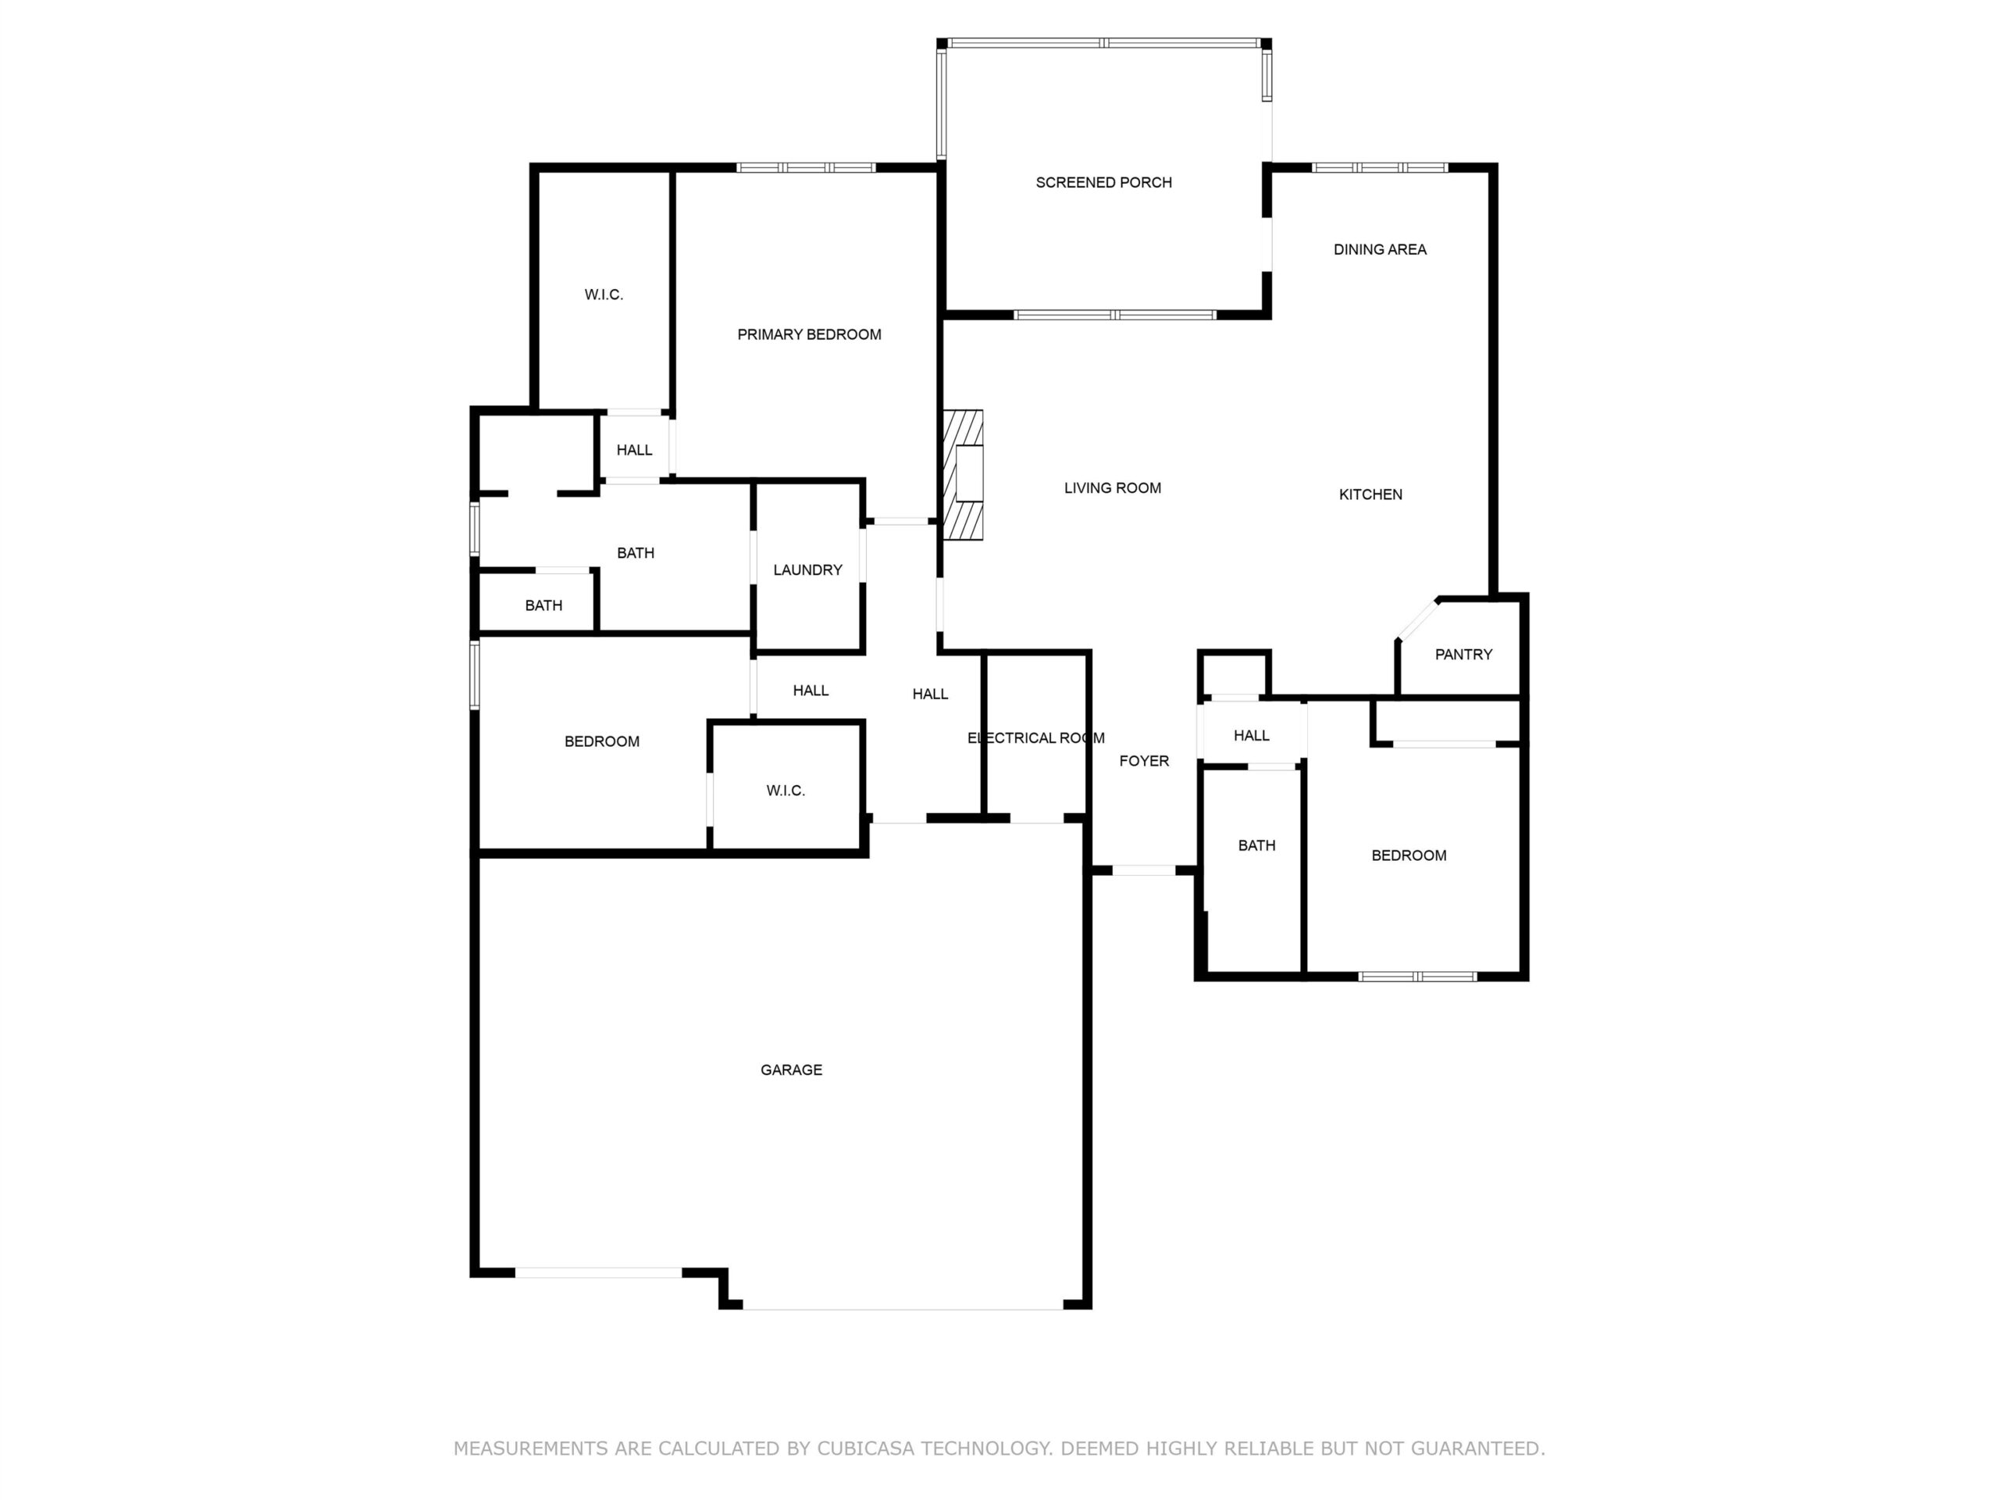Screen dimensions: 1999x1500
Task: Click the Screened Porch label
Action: pyautogui.click(x=1103, y=183)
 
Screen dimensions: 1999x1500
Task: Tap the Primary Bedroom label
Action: pyautogui.click(x=809, y=334)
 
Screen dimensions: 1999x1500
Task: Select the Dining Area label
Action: pyautogui.click(x=1380, y=249)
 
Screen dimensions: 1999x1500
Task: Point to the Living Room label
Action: pyautogui.click(x=1113, y=488)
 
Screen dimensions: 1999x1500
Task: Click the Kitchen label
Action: pyautogui.click(x=1370, y=495)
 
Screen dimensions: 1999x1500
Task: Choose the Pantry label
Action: pyautogui.click(x=1463, y=655)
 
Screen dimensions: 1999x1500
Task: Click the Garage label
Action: pyautogui.click(x=791, y=1070)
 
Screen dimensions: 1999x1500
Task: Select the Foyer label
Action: pyautogui.click(x=1144, y=761)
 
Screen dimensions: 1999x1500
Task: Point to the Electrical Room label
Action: pyautogui.click(x=1035, y=737)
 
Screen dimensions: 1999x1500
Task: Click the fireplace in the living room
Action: pyautogui.click(x=964, y=475)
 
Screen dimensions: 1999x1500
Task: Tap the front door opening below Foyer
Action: pyautogui.click(x=1143, y=871)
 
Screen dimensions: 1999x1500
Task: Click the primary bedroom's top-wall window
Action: pyautogui.click(x=806, y=167)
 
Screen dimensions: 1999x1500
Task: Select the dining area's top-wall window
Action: pyautogui.click(x=1380, y=167)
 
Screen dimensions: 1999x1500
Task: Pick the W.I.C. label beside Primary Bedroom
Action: pyautogui.click(x=604, y=295)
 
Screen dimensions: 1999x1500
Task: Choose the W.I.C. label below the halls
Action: pyautogui.click(x=786, y=791)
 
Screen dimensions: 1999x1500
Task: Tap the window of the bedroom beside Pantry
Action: pyautogui.click(x=1418, y=977)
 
